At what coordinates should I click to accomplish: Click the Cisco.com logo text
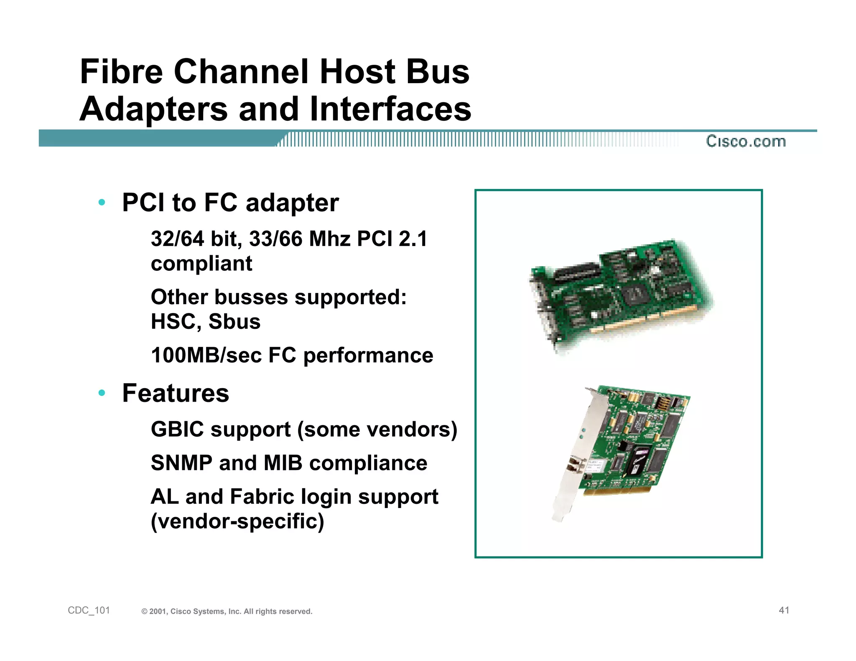(x=746, y=141)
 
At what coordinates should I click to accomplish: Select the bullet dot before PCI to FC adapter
(x=102, y=203)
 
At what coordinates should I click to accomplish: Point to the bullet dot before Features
(x=102, y=393)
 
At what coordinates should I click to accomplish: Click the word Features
(x=176, y=393)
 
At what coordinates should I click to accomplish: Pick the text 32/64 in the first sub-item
(x=177, y=239)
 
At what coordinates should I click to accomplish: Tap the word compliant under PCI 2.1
(x=201, y=264)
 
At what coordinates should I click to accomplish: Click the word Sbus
(x=234, y=322)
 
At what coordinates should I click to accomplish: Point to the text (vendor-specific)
(x=237, y=521)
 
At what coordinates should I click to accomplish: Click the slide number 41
(x=784, y=610)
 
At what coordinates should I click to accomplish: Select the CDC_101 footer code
(x=89, y=610)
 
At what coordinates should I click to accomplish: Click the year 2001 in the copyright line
(x=158, y=612)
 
